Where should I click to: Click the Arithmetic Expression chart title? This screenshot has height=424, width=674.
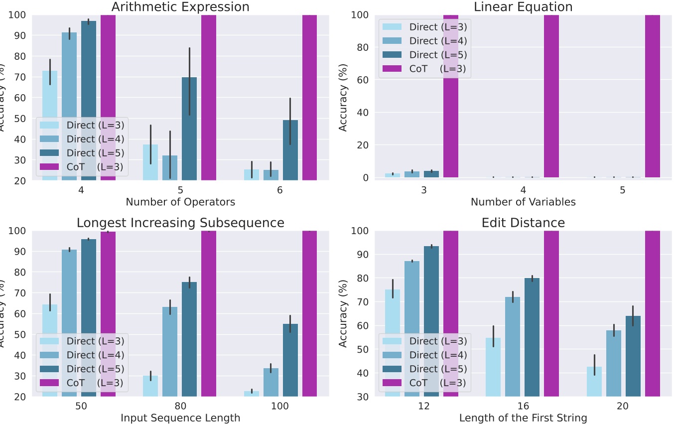180,7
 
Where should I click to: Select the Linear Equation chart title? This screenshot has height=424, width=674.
523,7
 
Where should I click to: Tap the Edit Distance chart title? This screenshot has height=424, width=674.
523,223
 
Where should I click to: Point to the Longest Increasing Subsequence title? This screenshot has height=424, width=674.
180,223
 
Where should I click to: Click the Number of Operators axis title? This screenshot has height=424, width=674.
180,202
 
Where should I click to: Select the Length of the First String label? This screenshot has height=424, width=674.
523,418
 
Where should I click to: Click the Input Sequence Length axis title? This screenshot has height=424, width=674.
180,418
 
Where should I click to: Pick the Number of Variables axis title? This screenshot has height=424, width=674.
523,202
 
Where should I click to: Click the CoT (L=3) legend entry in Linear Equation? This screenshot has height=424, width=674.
423,69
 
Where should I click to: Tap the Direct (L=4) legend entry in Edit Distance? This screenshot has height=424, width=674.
423,355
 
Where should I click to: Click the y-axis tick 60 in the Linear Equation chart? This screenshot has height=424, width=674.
365,80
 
